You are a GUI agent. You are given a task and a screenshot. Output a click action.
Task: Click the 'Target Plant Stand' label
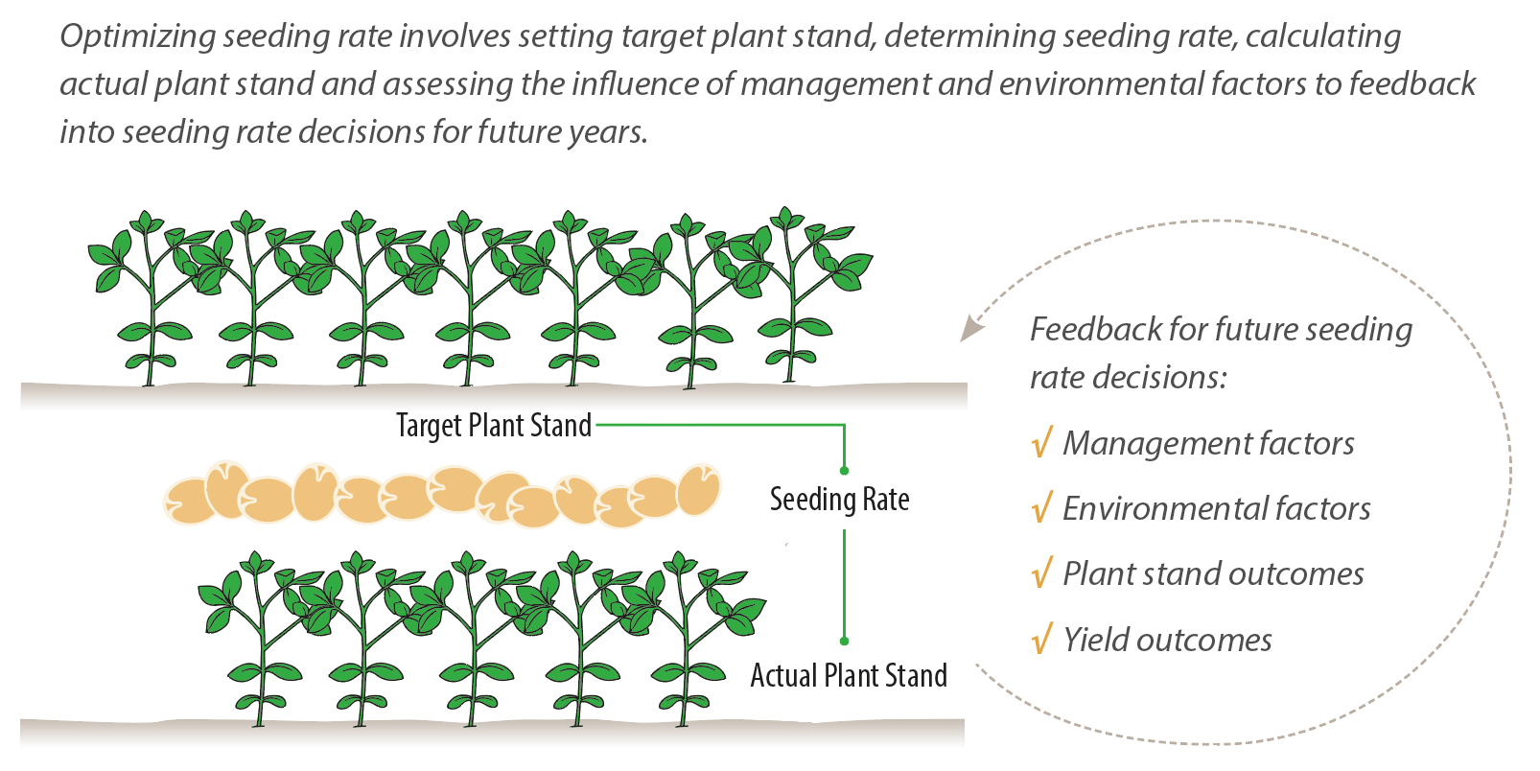point(494,425)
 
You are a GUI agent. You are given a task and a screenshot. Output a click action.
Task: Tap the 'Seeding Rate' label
point(839,500)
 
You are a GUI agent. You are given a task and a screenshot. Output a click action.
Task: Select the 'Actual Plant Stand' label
point(849,675)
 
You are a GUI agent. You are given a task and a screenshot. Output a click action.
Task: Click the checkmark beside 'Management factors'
point(1041,444)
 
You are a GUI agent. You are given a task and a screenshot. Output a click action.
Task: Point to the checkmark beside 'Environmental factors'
point(1041,508)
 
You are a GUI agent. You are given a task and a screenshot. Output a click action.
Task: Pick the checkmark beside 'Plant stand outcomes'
point(1041,573)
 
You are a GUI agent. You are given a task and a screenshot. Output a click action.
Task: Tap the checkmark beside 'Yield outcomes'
point(1041,639)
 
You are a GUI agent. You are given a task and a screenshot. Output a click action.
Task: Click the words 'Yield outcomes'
point(1167,640)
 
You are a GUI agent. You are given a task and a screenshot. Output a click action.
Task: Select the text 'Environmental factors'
point(1216,508)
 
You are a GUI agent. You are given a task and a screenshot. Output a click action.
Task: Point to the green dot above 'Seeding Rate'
point(844,471)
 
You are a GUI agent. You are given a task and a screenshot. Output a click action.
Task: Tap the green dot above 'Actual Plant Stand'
point(844,641)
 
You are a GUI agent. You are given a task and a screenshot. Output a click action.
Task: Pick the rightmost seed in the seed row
point(698,490)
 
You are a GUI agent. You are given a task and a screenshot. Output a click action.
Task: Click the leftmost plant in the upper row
point(149,297)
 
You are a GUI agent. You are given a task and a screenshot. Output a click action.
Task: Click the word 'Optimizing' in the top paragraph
point(138,36)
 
